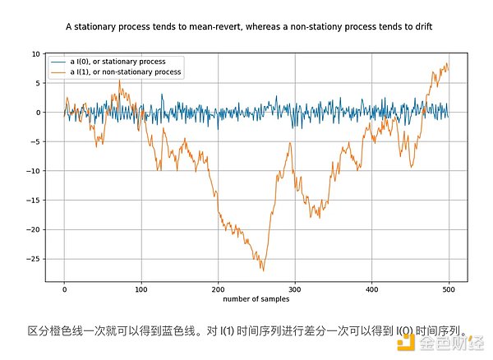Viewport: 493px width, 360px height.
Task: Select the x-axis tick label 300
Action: tap(296, 288)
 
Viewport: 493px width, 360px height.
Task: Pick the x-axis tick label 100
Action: tap(141, 288)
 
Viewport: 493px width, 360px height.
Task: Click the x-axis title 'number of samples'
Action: tap(256, 298)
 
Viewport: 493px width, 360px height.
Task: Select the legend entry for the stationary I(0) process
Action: tap(120, 62)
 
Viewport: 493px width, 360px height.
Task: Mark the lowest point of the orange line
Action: tap(263, 270)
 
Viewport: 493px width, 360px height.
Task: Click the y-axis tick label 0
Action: tap(37, 112)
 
